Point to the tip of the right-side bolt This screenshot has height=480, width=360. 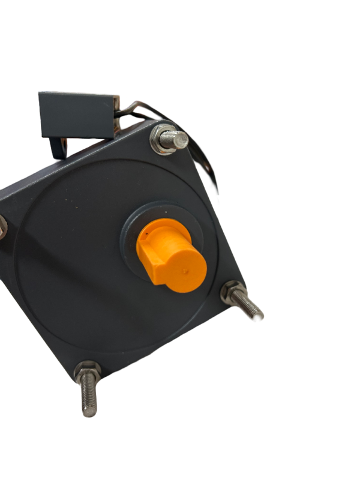point(259,315)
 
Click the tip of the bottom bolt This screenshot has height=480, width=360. point(89,412)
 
